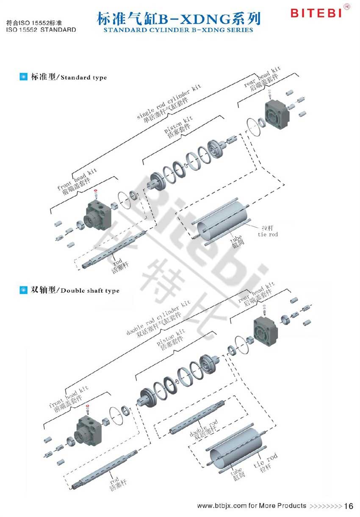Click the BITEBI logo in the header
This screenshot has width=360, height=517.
316,13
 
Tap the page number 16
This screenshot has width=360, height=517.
349,506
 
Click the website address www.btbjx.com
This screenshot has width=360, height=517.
222,506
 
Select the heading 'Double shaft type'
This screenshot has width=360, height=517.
90,291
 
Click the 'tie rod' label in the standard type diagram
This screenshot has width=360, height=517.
268,231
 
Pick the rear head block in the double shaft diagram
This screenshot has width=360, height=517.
265,328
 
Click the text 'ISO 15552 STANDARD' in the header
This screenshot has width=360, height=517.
42,30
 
